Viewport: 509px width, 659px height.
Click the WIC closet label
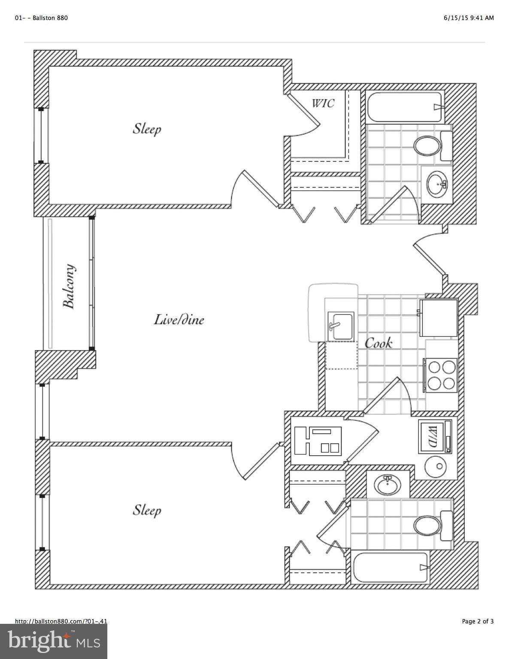(x=323, y=103)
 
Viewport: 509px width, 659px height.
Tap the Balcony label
(x=69, y=286)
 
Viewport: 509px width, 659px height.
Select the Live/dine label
(x=179, y=320)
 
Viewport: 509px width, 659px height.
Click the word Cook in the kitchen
(x=378, y=343)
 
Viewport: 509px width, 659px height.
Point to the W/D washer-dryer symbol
(x=435, y=436)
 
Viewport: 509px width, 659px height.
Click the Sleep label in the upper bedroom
(x=147, y=128)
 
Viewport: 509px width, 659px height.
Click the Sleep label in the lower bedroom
(x=147, y=510)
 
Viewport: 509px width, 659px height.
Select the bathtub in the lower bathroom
(x=390, y=567)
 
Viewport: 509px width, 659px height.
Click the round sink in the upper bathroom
(x=437, y=184)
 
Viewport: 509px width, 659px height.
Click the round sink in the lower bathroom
(x=388, y=486)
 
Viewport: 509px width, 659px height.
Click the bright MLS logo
(x=54, y=641)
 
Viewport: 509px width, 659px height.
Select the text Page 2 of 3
(x=478, y=621)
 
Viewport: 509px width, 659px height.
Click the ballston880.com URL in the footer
(x=61, y=621)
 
